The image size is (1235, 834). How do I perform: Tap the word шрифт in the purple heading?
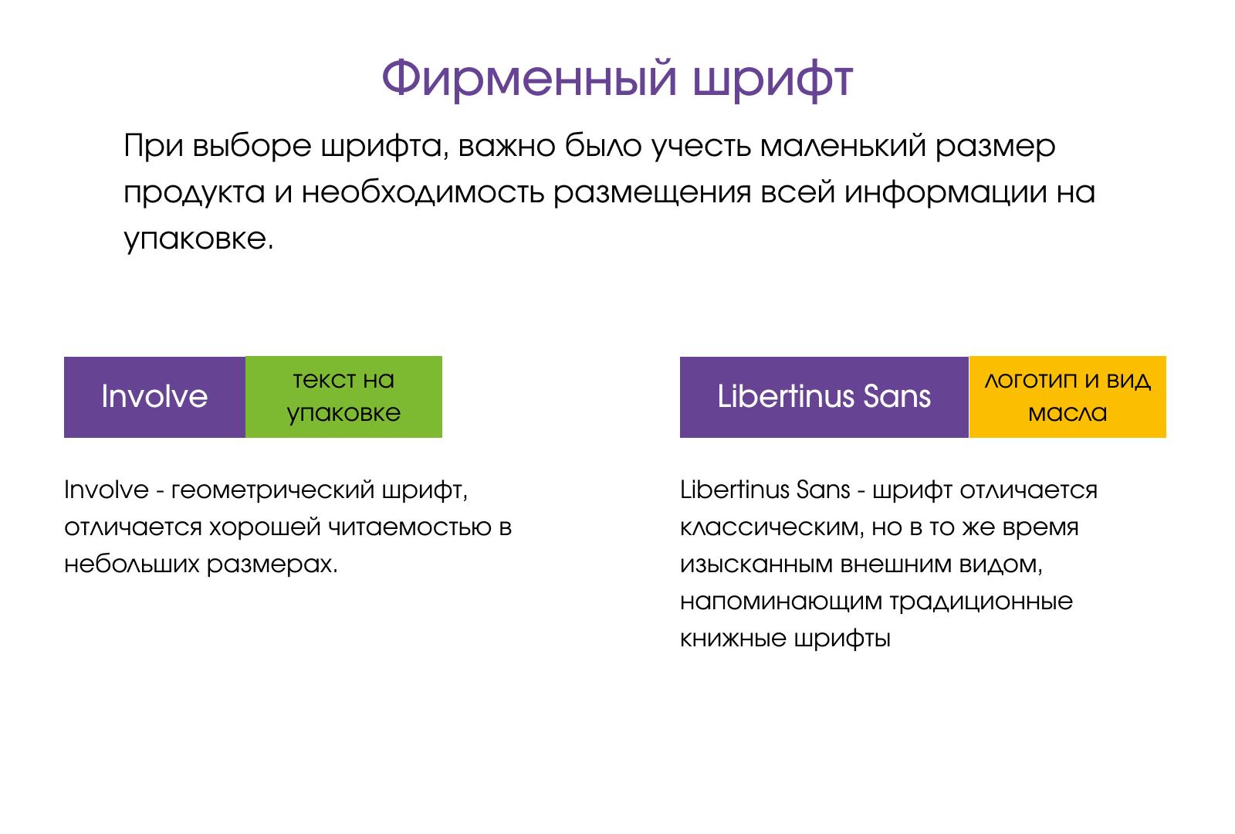773,80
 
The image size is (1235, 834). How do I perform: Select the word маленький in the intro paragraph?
843,146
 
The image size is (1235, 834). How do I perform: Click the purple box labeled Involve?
155,397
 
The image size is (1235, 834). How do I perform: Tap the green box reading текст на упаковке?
344,397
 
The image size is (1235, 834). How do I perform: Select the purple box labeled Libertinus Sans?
824,397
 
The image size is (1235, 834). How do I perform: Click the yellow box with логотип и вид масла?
1068,397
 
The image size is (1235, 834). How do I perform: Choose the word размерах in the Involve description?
272,565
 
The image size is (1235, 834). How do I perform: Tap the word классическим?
772,527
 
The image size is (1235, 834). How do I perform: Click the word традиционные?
981,602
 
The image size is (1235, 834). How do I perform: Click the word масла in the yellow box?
1068,414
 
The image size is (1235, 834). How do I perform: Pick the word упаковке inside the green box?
344,414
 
